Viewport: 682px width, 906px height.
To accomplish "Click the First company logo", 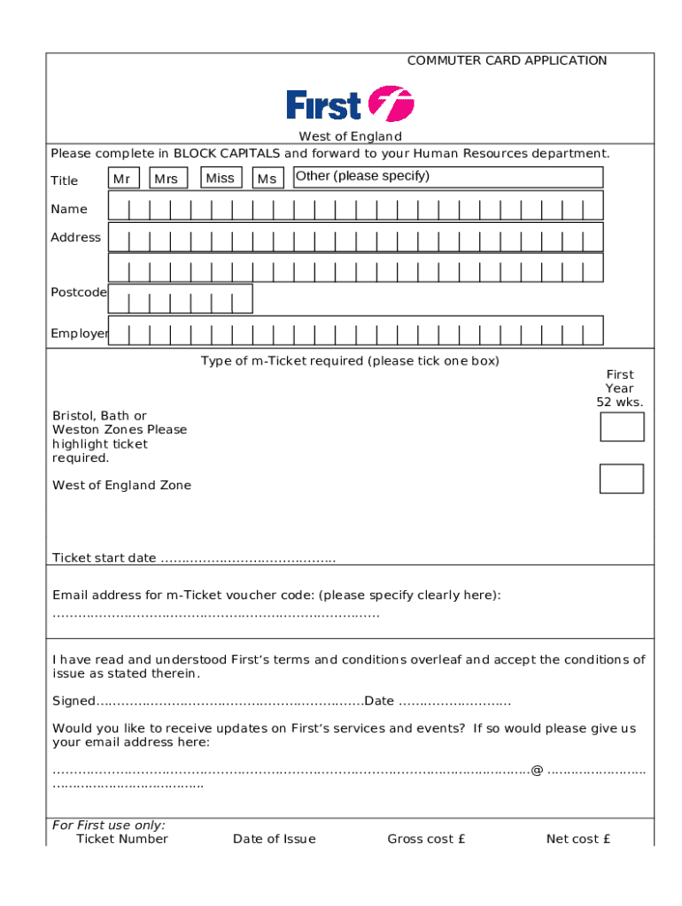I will tap(350, 105).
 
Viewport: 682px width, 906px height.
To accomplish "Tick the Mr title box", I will tap(123, 179).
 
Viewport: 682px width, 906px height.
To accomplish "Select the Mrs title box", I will tap(167, 179).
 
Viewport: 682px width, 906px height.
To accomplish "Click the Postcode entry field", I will tap(180, 299).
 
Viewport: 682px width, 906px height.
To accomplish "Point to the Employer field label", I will tap(79, 334).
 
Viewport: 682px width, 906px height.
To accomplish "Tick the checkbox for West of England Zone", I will tap(621, 479).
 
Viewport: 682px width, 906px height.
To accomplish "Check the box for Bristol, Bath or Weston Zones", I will tap(622, 426).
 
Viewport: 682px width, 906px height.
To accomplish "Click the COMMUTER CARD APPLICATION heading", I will tap(507, 60).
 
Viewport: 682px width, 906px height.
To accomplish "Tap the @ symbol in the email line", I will tap(537, 771).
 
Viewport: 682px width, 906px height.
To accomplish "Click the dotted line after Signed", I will tap(229, 702).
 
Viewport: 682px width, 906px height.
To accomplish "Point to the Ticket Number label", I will tap(122, 839).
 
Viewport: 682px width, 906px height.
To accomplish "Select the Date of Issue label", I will tap(274, 839).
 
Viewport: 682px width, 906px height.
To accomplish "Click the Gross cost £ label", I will tap(426, 839).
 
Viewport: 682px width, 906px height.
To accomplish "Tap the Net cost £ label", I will tap(577, 839).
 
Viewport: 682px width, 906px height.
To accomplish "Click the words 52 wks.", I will tap(620, 402).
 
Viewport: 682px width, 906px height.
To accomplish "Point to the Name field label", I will tap(69, 209).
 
